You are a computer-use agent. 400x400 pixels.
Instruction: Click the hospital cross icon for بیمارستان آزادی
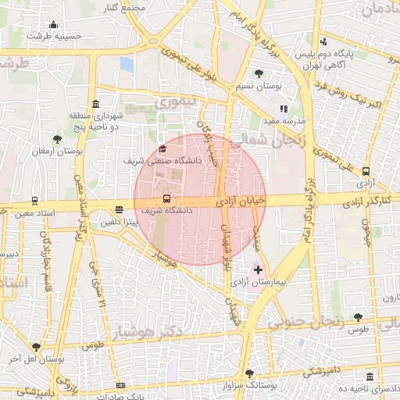[259, 270]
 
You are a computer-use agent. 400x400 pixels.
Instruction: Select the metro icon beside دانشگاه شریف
[166, 198]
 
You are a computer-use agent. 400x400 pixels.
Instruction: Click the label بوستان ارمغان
[57, 150]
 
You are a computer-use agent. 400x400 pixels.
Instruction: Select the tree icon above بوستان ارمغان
[56, 138]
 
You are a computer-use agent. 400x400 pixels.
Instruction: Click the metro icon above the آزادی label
[366, 172]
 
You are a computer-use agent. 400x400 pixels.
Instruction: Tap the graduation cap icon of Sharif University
[162, 148]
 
